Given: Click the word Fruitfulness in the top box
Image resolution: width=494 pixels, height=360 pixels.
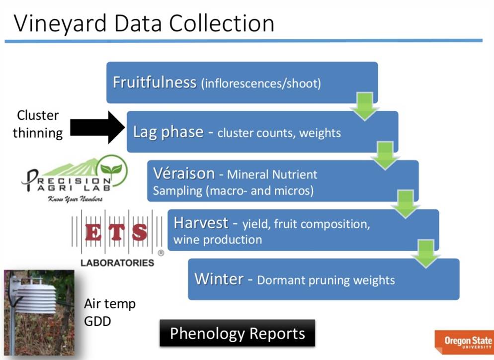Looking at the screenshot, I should coord(154,82).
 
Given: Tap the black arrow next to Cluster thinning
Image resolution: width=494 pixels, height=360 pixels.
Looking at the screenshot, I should coord(96,128).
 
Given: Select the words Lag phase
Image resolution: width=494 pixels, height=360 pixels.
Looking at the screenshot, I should coord(168,132).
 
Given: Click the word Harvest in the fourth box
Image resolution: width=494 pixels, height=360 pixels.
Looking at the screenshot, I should coord(201,223).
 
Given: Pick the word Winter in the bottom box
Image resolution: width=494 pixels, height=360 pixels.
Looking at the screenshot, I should coord(219,278).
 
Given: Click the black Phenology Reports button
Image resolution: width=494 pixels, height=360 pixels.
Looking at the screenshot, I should coord(237,333).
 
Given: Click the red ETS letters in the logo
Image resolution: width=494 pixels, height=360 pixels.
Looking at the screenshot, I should coord(116,233).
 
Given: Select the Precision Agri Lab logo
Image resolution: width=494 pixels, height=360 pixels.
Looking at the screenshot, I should coord(75,180).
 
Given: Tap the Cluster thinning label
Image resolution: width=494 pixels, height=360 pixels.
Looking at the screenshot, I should coord(38,124).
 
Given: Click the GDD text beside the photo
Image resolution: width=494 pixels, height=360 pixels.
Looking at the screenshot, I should coord(97,321).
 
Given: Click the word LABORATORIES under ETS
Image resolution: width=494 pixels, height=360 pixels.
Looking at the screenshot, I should coord(117,262).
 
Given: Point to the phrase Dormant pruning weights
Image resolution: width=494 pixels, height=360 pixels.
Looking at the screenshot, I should coord(326,280).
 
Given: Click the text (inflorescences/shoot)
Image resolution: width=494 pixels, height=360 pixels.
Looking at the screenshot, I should coord(261,84).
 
